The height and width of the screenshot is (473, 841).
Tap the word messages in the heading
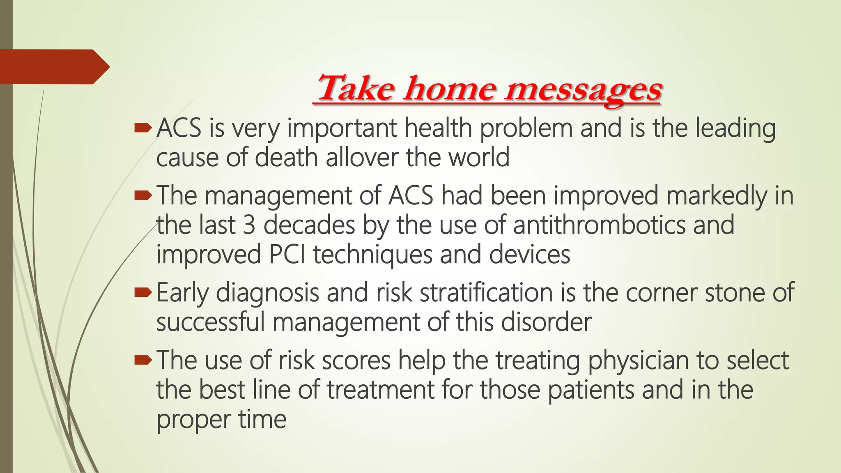583,90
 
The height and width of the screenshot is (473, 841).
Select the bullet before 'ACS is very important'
143,129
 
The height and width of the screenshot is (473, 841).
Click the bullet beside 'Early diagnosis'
143,293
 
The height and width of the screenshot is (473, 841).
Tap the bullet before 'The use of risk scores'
143,360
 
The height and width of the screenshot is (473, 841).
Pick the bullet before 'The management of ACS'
143,196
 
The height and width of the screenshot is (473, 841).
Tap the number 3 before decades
249,225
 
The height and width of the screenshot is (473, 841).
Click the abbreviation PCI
287,255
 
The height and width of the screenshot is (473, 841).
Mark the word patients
591,390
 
